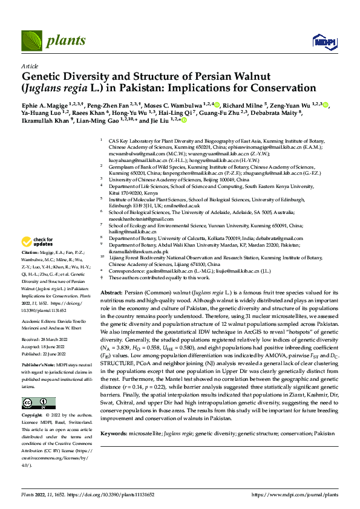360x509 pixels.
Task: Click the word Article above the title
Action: (x=30, y=65)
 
